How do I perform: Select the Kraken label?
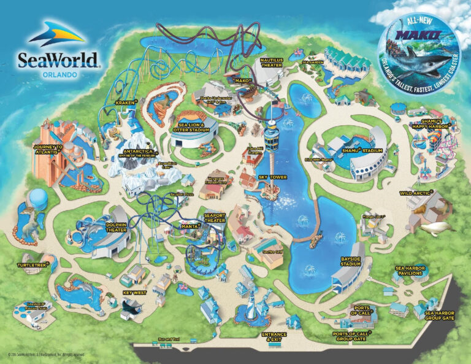point(124,103)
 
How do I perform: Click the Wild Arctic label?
point(413,193)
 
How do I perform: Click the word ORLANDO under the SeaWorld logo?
point(60,74)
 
